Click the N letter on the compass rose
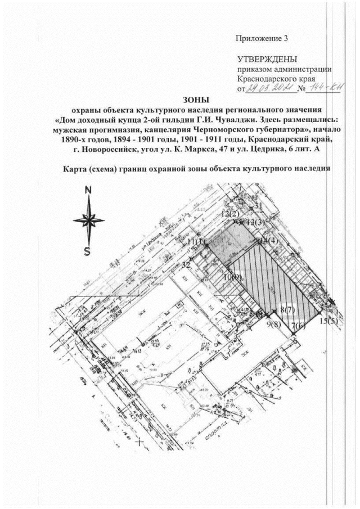point(87,190)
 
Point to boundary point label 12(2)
point(231,214)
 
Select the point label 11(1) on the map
point(197,241)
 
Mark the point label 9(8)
point(273,325)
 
